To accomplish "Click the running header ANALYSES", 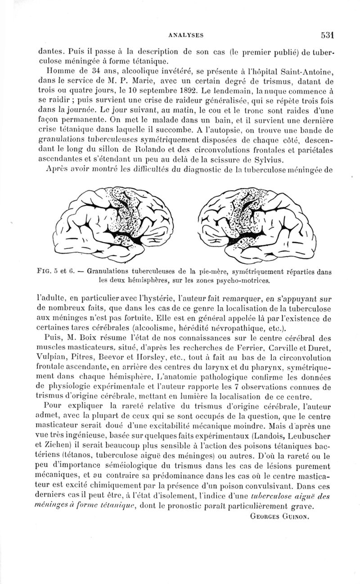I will pos(186,34).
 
